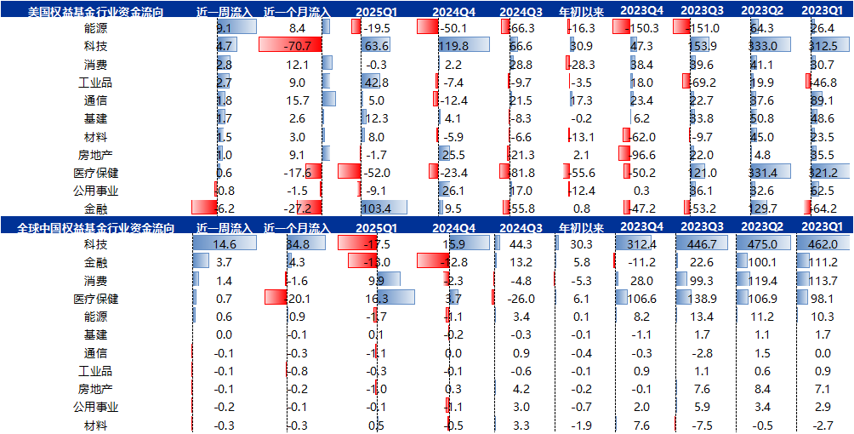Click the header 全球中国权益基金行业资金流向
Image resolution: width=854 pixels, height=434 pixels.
click(x=95, y=227)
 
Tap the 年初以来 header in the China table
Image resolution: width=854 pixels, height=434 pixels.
click(x=581, y=227)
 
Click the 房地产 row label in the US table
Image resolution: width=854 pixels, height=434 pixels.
click(x=95, y=155)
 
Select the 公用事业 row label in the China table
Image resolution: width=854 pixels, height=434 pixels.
click(x=95, y=407)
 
